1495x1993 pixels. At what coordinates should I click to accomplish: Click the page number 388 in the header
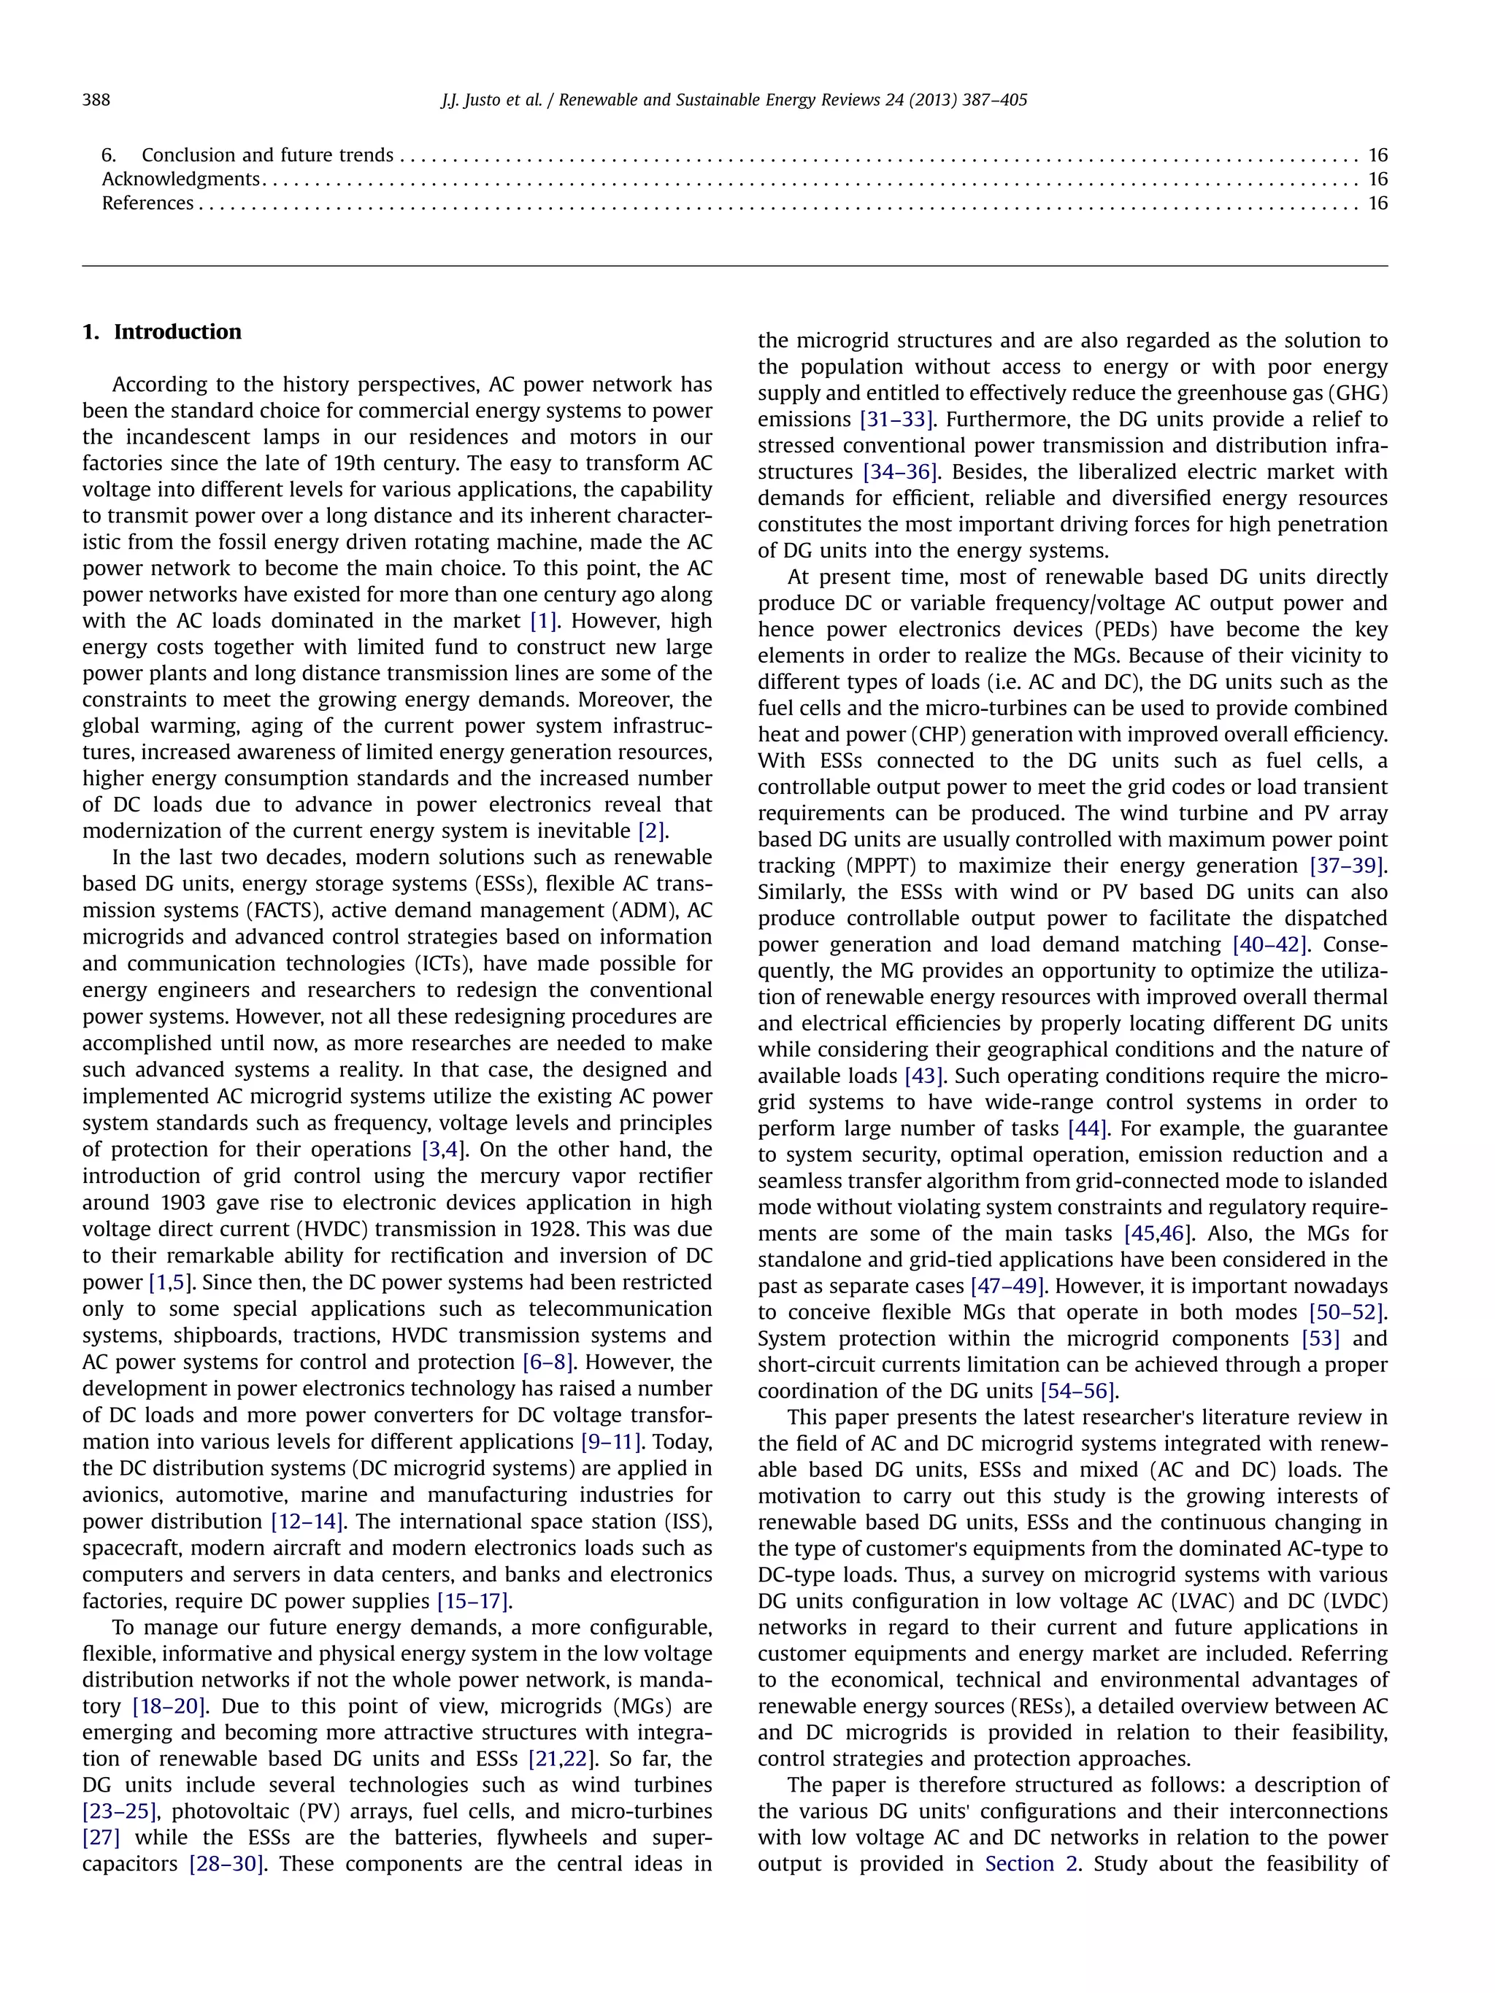[x=96, y=100]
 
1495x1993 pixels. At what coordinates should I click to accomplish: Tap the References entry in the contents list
[x=147, y=203]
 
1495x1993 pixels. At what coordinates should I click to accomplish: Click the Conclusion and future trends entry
[x=266, y=155]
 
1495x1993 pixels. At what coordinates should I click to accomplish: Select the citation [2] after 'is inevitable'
[x=653, y=830]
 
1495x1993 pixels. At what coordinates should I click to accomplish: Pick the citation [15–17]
[x=474, y=1601]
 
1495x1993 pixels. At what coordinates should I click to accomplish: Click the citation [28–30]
[x=226, y=1864]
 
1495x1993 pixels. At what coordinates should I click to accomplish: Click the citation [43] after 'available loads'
[x=923, y=1076]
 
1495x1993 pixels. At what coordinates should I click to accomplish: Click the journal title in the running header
[x=793, y=100]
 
